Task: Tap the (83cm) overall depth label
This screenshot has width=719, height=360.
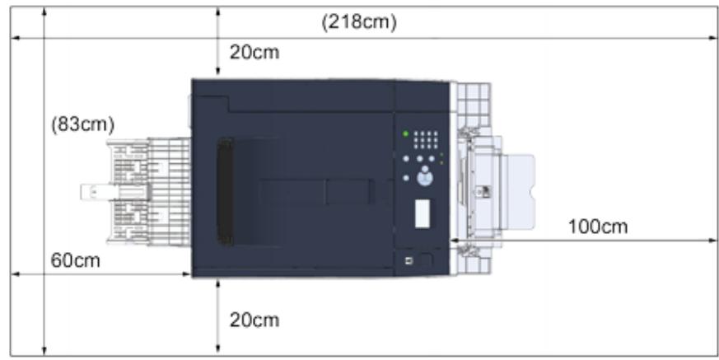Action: [82, 125]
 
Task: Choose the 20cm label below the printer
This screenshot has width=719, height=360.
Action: [254, 320]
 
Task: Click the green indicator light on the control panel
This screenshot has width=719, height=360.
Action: [405, 133]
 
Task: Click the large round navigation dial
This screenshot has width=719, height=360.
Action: [425, 175]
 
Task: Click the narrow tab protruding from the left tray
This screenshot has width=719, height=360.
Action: [93, 192]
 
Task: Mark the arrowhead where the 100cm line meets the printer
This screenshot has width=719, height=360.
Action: [454, 241]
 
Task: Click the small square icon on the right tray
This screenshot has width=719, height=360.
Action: [485, 192]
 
